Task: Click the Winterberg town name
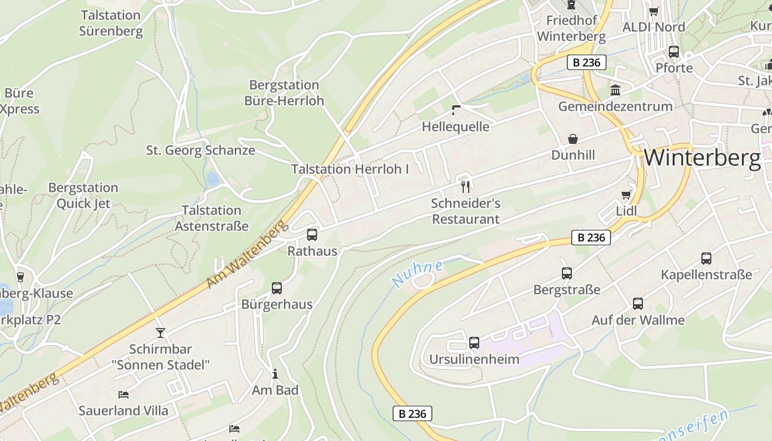[x=701, y=158]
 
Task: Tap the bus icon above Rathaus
[x=312, y=235]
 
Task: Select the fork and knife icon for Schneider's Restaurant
[x=465, y=187]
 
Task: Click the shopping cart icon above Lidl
[x=626, y=195]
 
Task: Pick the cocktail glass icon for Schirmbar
[x=160, y=332]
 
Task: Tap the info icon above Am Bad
[x=275, y=374]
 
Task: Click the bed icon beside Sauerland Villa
[x=124, y=394]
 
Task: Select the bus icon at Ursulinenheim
[x=474, y=343]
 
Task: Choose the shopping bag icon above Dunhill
[x=573, y=139]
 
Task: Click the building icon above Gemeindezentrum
[x=615, y=90]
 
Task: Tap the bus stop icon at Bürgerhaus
[x=277, y=288]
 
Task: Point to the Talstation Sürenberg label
[x=111, y=23]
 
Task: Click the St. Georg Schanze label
[x=200, y=150]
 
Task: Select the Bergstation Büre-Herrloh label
[x=284, y=93]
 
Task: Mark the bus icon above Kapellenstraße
[x=706, y=258]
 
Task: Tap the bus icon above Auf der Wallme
[x=638, y=303]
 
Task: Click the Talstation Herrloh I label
[x=350, y=169]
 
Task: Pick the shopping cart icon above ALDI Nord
[x=654, y=11]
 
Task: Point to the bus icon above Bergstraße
[x=567, y=273]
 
